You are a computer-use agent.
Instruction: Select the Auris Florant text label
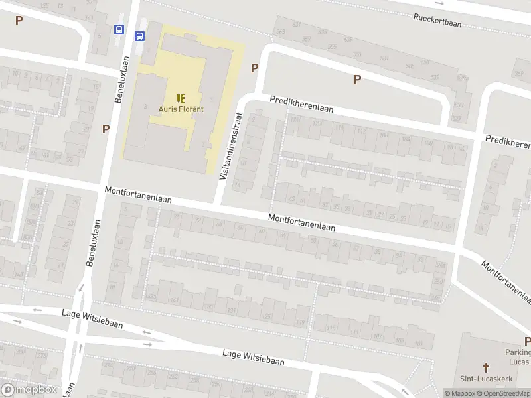181,109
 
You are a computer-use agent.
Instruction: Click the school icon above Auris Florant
181,98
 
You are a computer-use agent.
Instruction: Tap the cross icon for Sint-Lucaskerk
486,367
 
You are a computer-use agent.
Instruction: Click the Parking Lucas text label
518,357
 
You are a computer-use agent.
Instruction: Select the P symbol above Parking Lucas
527,341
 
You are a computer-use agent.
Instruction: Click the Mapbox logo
29,390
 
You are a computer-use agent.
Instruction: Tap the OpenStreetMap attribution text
505,393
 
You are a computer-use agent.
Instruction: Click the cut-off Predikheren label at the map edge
508,141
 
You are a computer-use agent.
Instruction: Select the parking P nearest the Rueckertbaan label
357,79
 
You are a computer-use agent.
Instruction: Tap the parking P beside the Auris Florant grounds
254,68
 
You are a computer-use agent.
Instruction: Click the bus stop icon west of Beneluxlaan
119,30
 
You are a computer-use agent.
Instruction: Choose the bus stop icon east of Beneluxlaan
141,36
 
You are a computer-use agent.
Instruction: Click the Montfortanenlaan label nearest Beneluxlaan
138,195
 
